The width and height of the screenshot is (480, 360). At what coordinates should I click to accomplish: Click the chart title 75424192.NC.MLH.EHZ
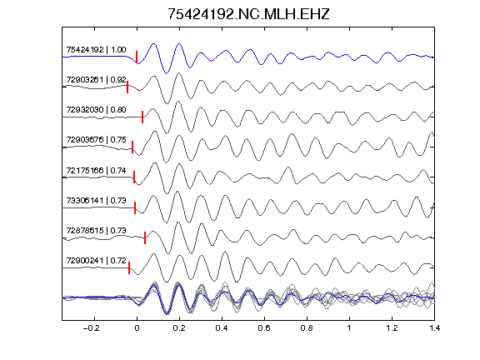(x=248, y=14)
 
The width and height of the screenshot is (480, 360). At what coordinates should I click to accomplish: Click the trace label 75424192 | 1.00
(x=96, y=50)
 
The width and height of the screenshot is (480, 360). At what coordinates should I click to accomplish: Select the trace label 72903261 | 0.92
(x=96, y=80)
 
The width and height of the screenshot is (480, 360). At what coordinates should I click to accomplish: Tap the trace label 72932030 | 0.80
(x=96, y=110)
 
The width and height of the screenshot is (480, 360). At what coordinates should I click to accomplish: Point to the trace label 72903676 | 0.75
(x=96, y=140)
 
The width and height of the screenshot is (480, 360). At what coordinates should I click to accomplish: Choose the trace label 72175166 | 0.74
(x=96, y=170)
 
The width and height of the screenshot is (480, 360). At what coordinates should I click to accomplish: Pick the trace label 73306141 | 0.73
(x=96, y=200)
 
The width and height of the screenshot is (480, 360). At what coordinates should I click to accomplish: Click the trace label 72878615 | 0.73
(x=96, y=230)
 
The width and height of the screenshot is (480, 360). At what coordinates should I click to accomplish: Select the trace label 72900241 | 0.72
(x=96, y=260)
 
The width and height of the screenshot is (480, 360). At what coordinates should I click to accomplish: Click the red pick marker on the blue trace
(x=137, y=57)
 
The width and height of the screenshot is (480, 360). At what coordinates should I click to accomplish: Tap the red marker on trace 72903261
(x=127, y=87)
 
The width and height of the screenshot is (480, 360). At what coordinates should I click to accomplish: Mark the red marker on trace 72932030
(x=142, y=117)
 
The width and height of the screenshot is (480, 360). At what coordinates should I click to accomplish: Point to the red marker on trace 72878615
(x=145, y=237)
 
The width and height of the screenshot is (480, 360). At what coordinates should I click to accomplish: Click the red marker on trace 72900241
(x=129, y=267)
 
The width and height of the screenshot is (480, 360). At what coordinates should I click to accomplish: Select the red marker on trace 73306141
(x=135, y=207)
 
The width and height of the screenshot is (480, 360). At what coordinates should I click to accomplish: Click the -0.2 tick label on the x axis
(x=92, y=328)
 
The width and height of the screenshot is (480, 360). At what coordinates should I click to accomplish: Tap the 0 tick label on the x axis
(x=137, y=328)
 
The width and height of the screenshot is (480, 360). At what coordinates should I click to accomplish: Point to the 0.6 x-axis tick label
(x=264, y=328)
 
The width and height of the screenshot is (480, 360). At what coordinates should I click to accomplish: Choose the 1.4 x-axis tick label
(x=435, y=328)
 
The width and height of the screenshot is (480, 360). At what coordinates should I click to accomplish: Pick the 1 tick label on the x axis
(x=349, y=328)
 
